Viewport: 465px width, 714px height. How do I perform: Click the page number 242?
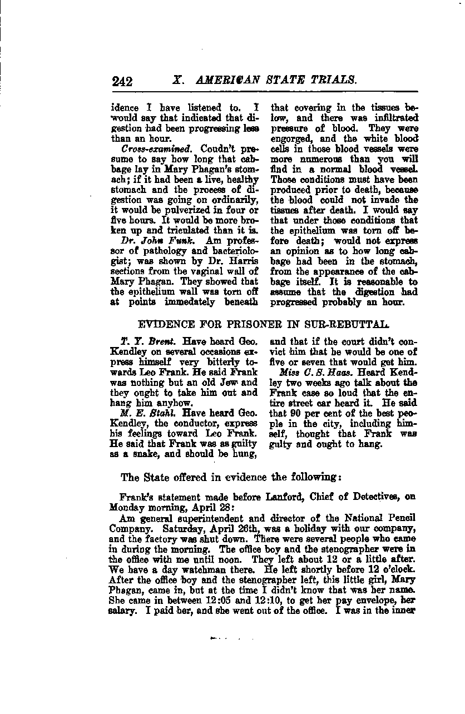[x=122, y=82]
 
